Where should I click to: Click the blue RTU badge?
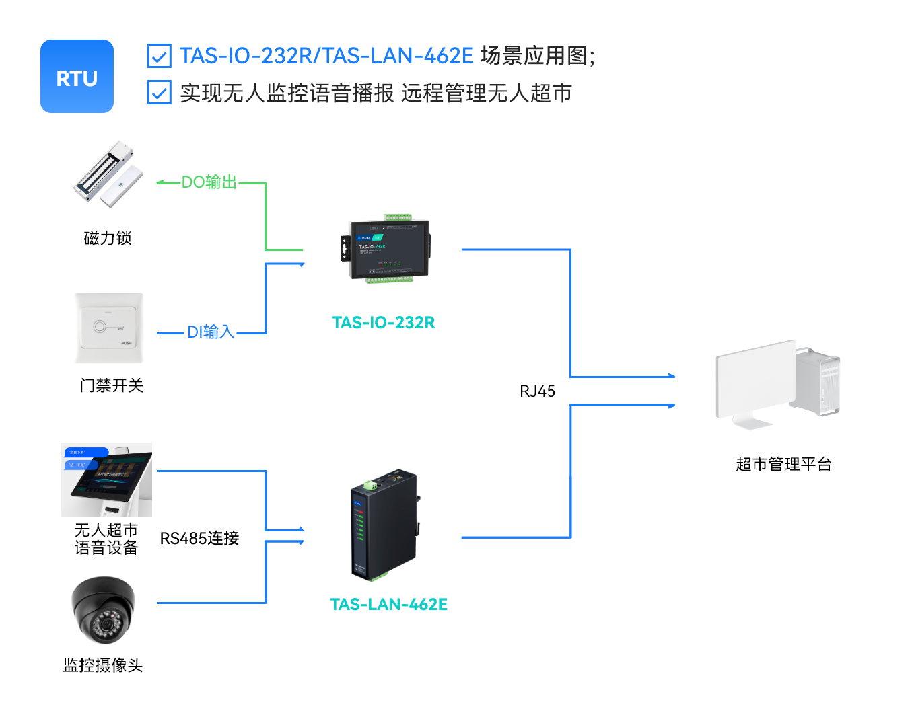77,77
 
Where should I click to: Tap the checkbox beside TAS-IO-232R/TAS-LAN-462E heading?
159,56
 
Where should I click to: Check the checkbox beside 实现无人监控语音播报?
159,93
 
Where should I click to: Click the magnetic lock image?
108,173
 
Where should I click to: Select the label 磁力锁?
108,238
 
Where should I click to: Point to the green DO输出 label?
209,182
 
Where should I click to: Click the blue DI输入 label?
210,332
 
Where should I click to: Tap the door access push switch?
109,328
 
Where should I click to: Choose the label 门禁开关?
111,385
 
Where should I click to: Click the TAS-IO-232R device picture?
385,249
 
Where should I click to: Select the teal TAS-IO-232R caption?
384,323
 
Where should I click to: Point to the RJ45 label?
537,391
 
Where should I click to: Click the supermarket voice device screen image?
106,479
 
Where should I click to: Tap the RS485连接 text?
199,538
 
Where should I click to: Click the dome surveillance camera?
104,609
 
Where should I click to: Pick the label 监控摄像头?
103,665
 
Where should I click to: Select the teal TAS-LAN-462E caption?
388,605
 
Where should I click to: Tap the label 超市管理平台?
783,464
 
